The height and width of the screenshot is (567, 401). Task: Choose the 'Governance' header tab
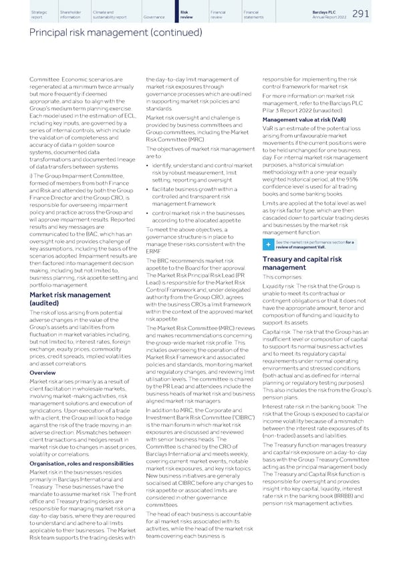154,15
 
